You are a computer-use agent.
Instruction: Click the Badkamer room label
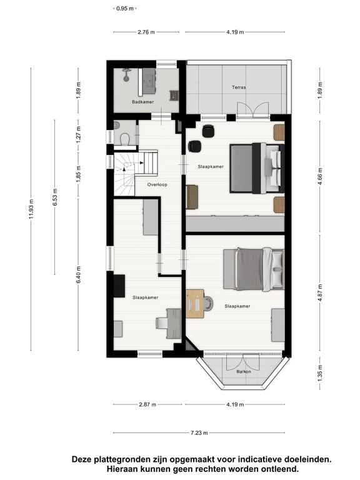[x=142, y=102]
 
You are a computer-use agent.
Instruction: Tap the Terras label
[x=239, y=87]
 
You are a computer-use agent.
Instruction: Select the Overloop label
[x=157, y=184]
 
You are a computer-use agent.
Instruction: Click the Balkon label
[x=244, y=372]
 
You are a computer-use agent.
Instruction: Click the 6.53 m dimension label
[x=55, y=197]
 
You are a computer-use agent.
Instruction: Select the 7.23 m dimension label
[x=199, y=433]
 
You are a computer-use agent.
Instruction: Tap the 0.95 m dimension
[x=125, y=9]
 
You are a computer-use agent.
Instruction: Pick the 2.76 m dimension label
[x=146, y=32]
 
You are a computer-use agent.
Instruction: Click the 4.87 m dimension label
[x=320, y=292]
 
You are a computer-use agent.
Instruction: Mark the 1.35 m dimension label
[x=320, y=373]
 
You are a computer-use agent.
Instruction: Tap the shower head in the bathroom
[x=126, y=75]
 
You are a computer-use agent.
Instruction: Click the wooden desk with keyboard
[x=195, y=304]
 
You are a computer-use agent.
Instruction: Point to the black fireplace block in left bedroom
[x=119, y=286]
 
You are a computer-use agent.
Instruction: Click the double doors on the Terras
[x=253, y=109]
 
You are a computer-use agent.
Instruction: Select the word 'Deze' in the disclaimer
[x=82, y=459]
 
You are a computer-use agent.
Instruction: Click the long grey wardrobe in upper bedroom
[x=235, y=224]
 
